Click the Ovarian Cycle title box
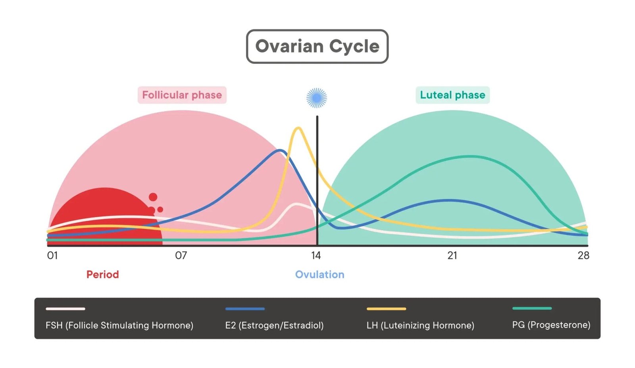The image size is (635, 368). [317, 46]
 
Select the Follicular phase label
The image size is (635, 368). [182, 95]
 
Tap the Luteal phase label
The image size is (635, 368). [452, 95]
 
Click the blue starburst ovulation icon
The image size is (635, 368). [317, 98]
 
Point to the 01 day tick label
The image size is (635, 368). [52, 256]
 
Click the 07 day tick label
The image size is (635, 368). [181, 256]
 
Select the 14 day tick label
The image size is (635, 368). [316, 256]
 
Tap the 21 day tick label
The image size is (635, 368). [452, 256]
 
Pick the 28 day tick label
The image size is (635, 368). [583, 256]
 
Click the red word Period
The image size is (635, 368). [102, 275]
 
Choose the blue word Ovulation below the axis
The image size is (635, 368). [319, 275]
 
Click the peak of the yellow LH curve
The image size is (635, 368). [298, 128]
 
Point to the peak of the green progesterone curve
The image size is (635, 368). [471, 156]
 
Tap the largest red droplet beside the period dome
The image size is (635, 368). [153, 197]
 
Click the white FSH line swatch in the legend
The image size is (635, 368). [65, 309]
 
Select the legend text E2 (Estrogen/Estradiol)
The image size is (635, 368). [274, 326]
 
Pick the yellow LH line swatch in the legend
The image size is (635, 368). [386, 309]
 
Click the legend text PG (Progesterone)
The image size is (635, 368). [551, 325]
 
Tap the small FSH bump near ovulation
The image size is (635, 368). [297, 204]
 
